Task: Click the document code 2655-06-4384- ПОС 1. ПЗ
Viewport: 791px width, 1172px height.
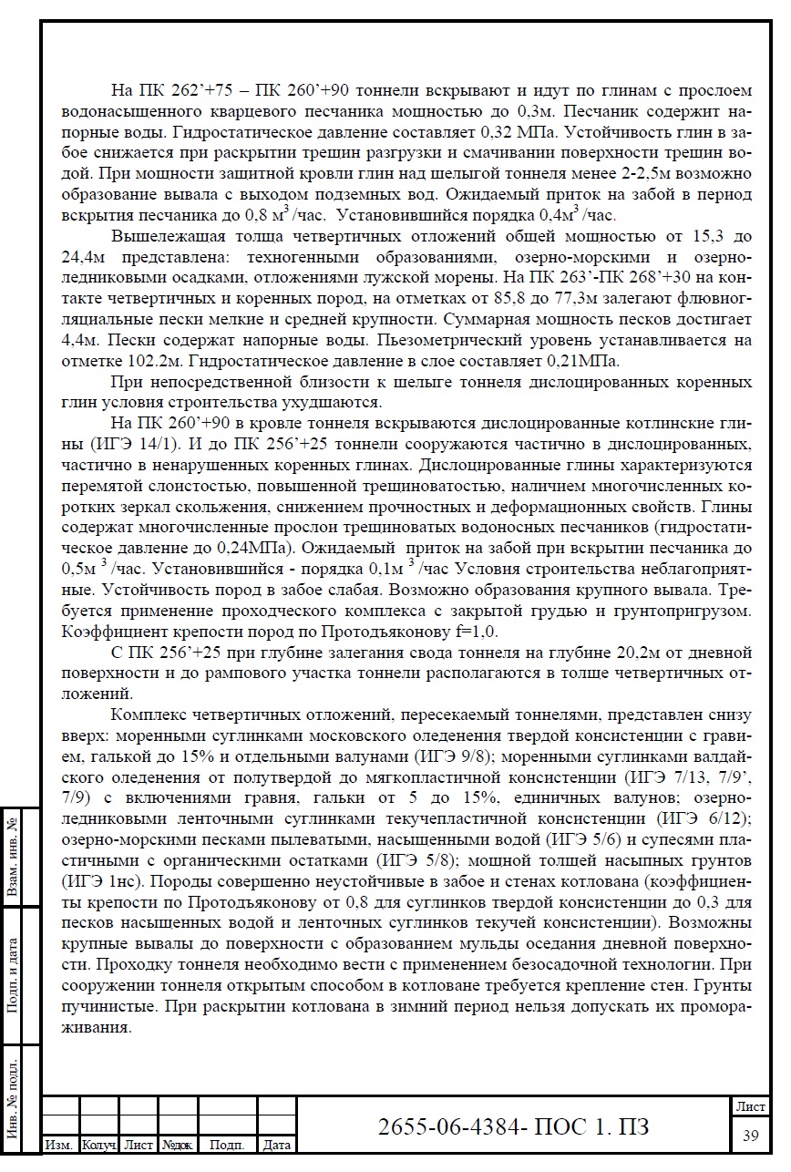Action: click(x=514, y=1126)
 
